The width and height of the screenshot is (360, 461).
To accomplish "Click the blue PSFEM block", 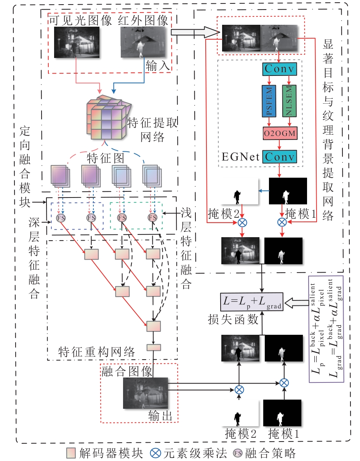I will tap(269, 101).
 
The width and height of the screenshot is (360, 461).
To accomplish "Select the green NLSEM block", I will tap(289, 101).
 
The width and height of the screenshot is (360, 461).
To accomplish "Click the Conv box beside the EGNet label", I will tap(280, 157).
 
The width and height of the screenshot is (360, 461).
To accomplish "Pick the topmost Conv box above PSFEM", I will tap(279, 69).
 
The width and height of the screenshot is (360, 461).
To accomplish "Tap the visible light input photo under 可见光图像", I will tap(77, 42).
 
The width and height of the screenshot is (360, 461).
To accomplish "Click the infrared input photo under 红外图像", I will tap(143, 43).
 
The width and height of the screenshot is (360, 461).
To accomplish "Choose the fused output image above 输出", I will tap(145, 393).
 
